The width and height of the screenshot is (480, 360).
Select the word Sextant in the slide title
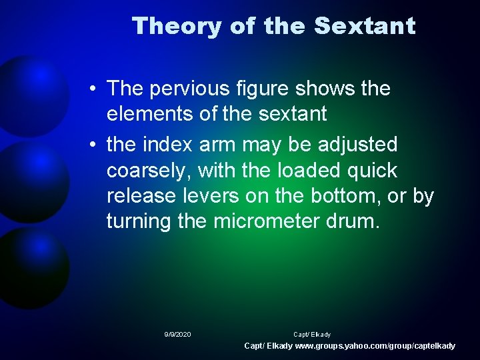tap(365, 26)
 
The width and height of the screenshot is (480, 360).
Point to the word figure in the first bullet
tap(273, 88)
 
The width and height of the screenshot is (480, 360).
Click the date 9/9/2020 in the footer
tap(177, 334)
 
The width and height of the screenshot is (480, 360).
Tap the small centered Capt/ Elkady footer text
tap(312, 334)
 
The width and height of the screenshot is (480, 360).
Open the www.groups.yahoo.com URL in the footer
tap(375, 346)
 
